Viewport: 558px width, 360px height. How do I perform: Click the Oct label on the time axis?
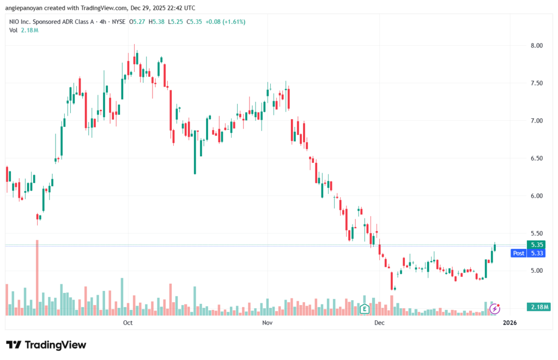(128, 323)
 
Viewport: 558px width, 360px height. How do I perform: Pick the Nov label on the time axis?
(267, 323)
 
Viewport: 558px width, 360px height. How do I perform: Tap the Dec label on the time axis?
(380, 323)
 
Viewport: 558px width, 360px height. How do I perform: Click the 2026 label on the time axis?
(510, 323)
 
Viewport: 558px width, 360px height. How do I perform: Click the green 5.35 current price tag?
(537, 245)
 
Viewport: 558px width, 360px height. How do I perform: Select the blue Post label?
(518, 253)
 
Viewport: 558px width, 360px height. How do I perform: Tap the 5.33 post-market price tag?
(537, 253)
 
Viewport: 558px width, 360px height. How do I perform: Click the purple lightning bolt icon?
(495, 309)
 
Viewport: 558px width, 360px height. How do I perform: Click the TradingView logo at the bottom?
(46, 345)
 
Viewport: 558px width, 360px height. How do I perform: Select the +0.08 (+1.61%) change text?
(225, 22)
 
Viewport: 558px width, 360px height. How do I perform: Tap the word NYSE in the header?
(118, 22)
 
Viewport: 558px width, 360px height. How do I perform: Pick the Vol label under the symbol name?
(14, 30)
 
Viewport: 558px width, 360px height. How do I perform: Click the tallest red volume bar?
(37, 277)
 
